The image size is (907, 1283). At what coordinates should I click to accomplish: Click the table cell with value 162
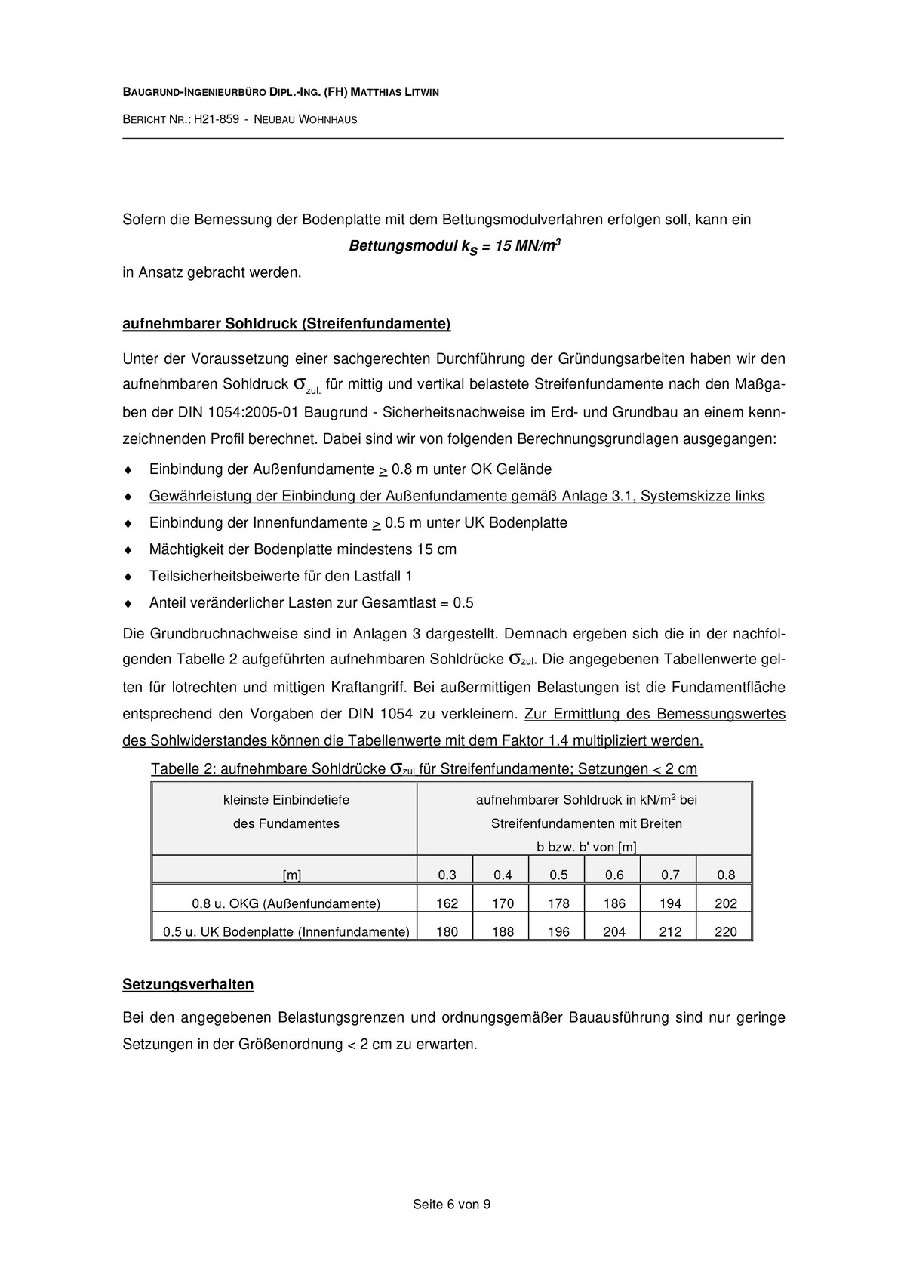coord(447,903)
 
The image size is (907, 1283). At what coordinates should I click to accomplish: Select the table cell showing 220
coord(725,931)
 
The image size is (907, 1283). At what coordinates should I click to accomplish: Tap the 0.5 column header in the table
coord(558,875)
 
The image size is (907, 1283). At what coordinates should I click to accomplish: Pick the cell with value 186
coord(614,903)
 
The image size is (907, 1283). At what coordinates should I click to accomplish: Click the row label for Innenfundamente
coord(286,931)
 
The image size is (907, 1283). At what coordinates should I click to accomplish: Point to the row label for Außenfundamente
coord(286,903)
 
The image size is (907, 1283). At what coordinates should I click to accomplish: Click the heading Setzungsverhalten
coord(188,985)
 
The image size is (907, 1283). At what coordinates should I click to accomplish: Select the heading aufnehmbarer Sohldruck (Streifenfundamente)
coord(286,325)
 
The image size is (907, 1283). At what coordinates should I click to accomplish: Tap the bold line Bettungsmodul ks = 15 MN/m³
coord(454,247)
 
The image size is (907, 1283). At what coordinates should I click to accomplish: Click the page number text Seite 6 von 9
coord(451,1205)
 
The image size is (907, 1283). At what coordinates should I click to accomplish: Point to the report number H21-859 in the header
coord(217,119)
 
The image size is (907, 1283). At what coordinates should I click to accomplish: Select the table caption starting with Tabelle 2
coord(423,769)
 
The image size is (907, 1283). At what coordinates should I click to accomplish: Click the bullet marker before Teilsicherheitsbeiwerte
coord(128,577)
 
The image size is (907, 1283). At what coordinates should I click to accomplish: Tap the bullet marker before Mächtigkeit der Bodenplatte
coord(128,550)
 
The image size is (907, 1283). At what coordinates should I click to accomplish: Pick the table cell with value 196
coord(558,931)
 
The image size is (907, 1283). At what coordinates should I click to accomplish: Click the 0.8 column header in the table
coord(725,875)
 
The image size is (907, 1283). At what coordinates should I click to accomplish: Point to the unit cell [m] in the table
coord(292,875)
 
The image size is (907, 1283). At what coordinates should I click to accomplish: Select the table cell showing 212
coord(670,931)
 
